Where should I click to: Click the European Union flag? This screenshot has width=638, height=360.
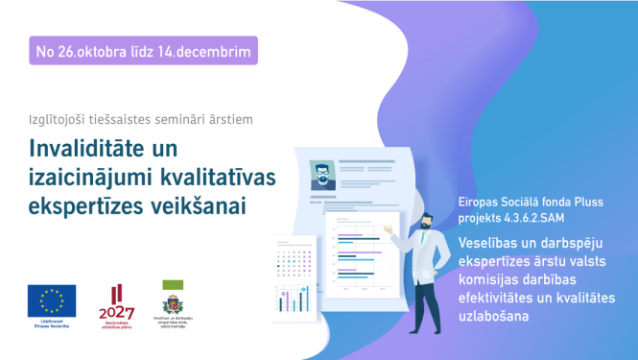tap(52, 302)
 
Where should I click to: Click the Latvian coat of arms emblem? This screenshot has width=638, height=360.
tap(175, 307)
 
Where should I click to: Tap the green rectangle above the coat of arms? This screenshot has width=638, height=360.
tap(175, 285)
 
